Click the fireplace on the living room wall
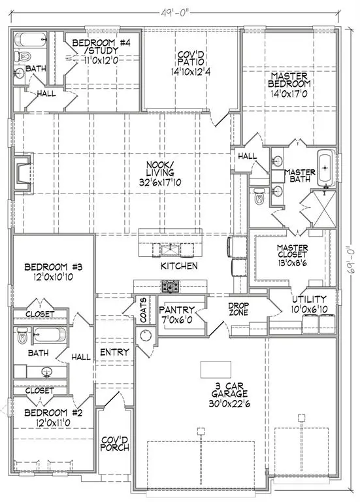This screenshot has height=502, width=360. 23,173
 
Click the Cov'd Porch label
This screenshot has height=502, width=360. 115,444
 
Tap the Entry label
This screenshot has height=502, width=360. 115,352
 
